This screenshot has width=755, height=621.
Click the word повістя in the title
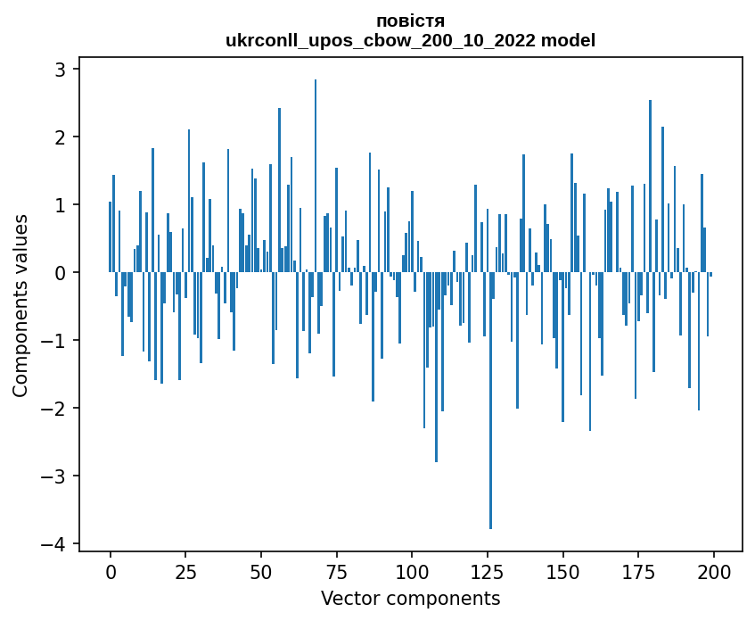pos(410,21)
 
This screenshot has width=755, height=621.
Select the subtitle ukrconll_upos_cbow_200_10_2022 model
pos(410,40)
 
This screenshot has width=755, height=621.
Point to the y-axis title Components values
pos(20,305)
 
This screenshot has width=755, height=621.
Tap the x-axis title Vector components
pos(410,598)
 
